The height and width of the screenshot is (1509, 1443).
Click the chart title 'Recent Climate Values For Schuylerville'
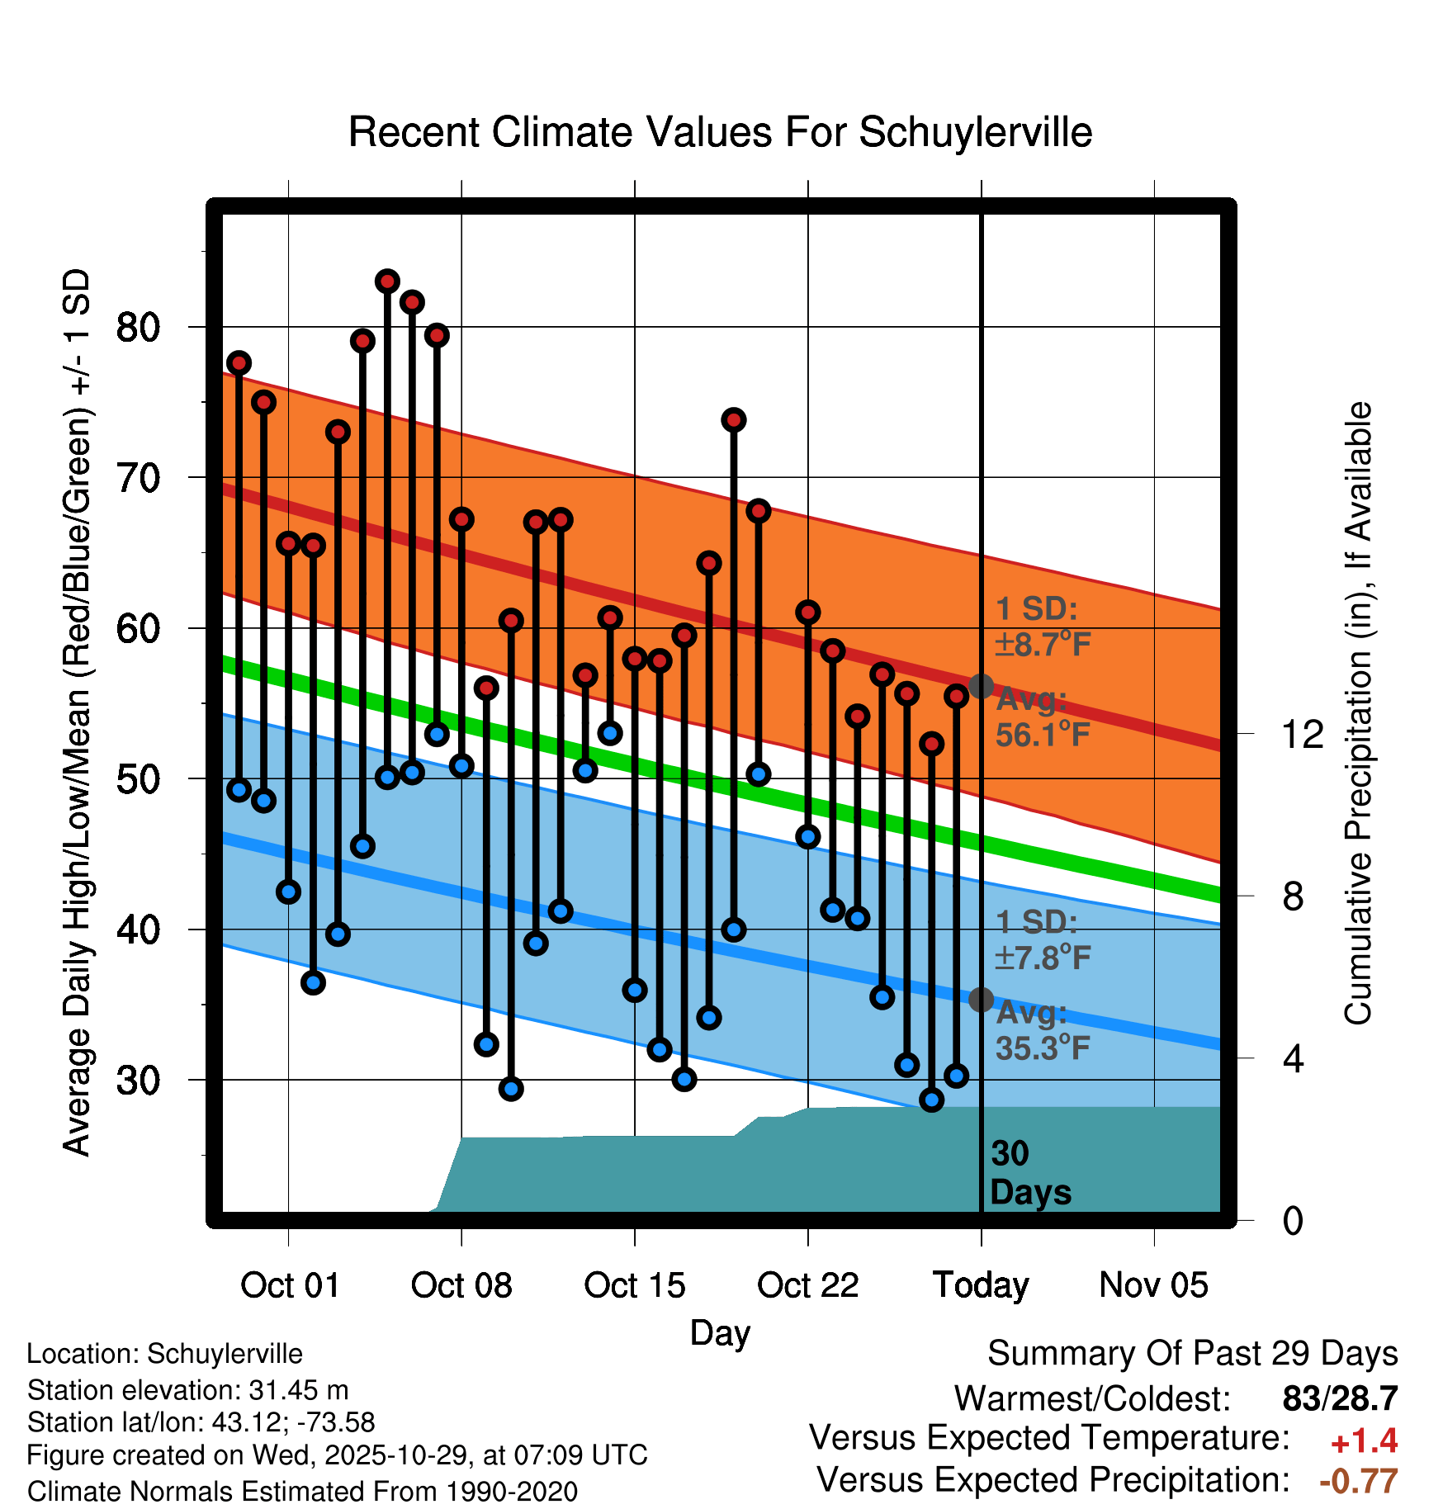[x=720, y=132]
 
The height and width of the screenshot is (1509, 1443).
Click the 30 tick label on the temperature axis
[x=138, y=1081]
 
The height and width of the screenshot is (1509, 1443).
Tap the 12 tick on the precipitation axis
[x=1303, y=734]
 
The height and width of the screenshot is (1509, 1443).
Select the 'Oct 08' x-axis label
[x=461, y=1285]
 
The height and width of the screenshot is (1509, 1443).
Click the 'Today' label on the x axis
[x=981, y=1285]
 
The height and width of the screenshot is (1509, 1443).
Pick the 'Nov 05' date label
[x=1153, y=1285]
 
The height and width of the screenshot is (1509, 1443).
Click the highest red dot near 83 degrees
[x=387, y=281]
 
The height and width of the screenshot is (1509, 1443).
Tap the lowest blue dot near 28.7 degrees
[x=931, y=1100]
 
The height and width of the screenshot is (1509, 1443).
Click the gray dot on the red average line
[x=981, y=686]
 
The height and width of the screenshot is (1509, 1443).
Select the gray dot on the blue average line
[x=981, y=1000]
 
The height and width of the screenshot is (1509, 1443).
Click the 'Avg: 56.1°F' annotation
[x=1043, y=717]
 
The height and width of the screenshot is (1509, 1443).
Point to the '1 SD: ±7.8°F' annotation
[x=1043, y=940]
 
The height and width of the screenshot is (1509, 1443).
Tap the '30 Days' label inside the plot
[x=1029, y=1173]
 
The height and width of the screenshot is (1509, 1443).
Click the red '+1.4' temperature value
[x=1364, y=1441]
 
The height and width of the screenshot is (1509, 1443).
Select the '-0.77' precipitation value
[x=1358, y=1481]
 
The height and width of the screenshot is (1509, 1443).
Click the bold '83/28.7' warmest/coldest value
[x=1340, y=1398]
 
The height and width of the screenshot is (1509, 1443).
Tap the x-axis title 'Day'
[x=720, y=1332]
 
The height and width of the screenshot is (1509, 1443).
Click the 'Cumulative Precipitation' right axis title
[x=1357, y=713]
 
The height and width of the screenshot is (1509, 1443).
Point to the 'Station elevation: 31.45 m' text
[x=187, y=1390]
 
